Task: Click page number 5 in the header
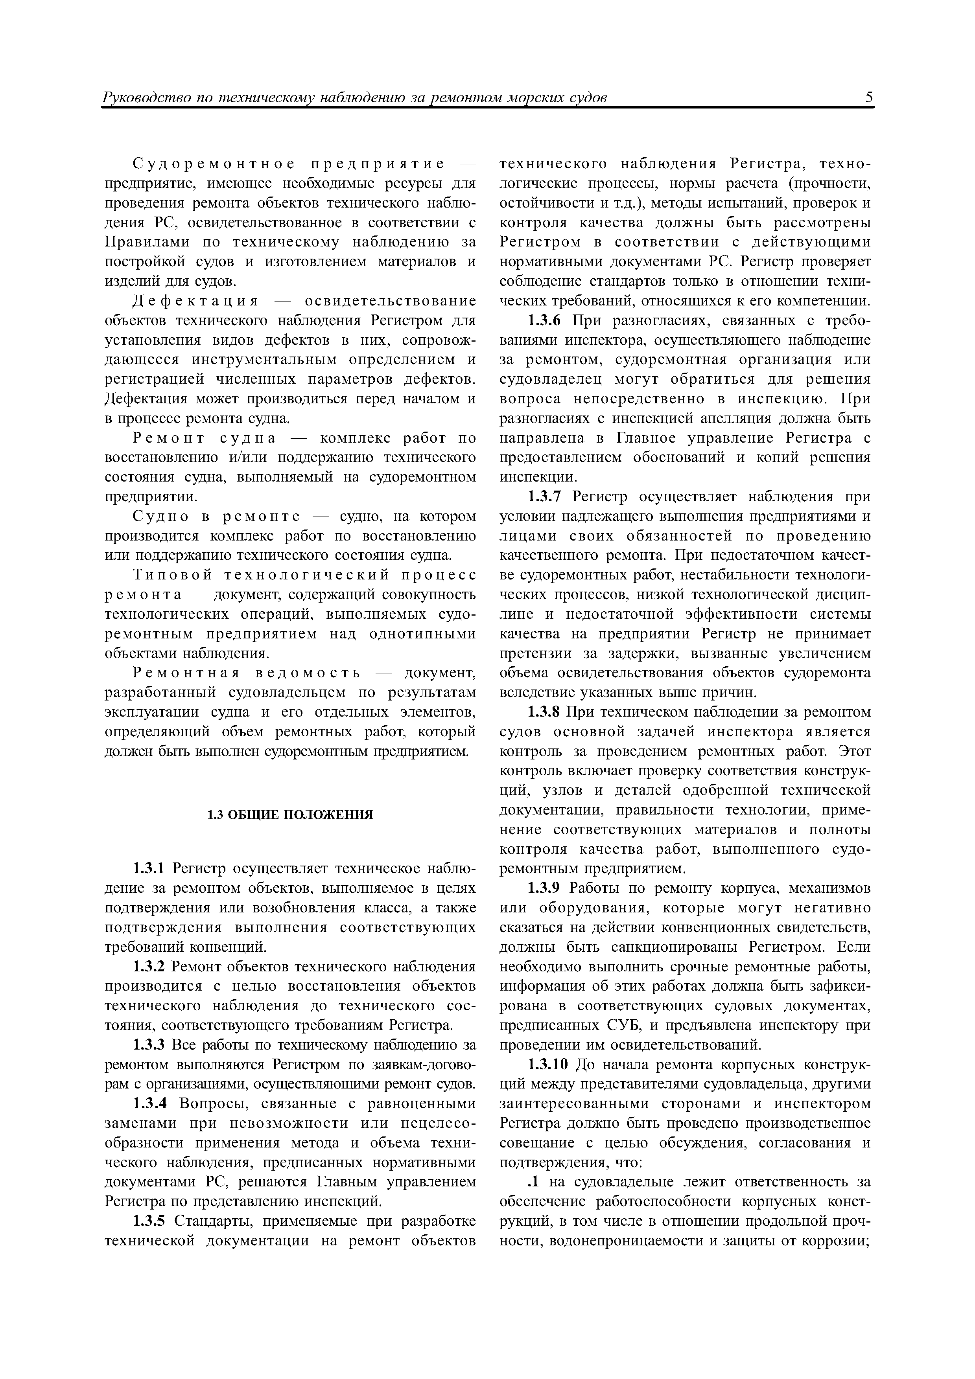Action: point(869,97)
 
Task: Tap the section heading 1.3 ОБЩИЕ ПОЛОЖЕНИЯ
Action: point(290,815)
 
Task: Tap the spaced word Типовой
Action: point(173,576)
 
